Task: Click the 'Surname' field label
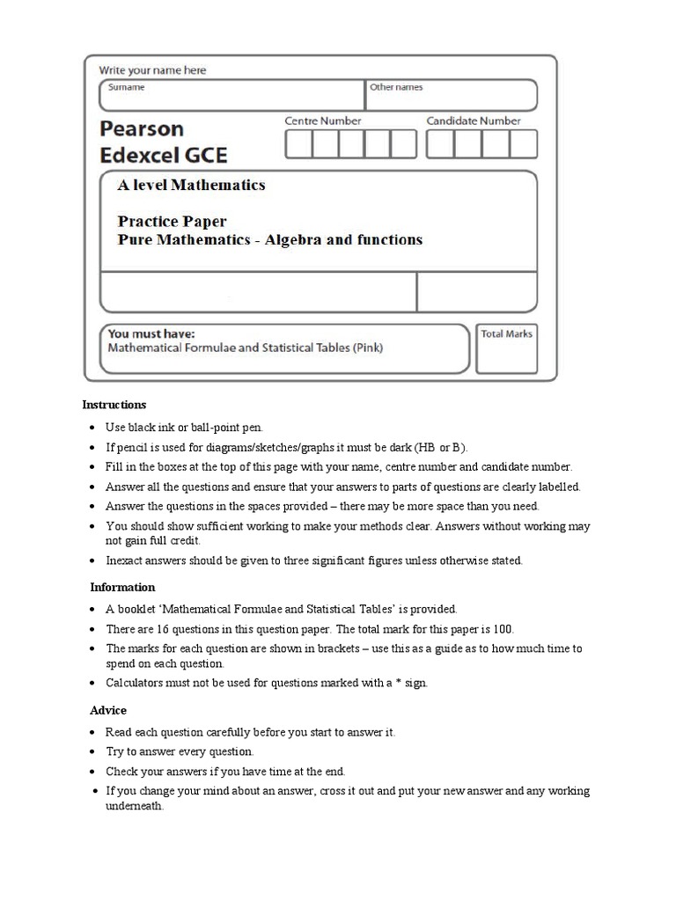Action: pyautogui.click(x=126, y=87)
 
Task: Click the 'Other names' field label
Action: pyautogui.click(x=396, y=87)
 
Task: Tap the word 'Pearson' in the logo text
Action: pyautogui.click(x=142, y=128)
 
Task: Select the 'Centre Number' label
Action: pyautogui.click(x=322, y=121)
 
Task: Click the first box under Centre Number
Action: pyautogui.click(x=298, y=143)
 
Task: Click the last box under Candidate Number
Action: pyautogui.click(x=523, y=143)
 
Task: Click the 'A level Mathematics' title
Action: pyautogui.click(x=191, y=185)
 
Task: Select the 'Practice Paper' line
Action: pyautogui.click(x=172, y=222)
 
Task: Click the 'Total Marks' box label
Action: pyautogui.click(x=506, y=333)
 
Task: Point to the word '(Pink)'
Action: pyautogui.click(x=368, y=348)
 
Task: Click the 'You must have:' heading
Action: pyautogui.click(x=151, y=333)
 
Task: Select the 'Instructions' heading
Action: pyautogui.click(x=114, y=405)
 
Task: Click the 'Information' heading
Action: pyautogui.click(x=122, y=587)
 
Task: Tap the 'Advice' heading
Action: pyautogui.click(x=108, y=710)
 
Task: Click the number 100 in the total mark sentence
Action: pyautogui.click(x=503, y=629)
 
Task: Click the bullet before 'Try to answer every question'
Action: pyautogui.click(x=93, y=752)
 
